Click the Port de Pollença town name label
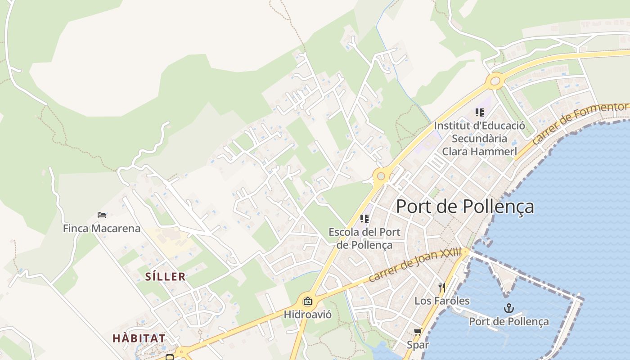(x=465, y=207)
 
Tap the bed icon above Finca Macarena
(x=102, y=215)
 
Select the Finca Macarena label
(x=102, y=229)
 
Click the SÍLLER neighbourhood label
(x=165, y=277)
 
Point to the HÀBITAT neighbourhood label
(x=139, y=338)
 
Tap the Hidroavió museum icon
(x=307, y=301)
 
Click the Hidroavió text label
(x=307, y=315)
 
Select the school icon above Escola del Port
(x=364, y=219)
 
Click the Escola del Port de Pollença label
(x=364, y=238)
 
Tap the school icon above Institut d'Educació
(x=479, y=112)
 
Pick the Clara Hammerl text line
(x=479, y=152)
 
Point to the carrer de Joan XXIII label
(x=414, y=265)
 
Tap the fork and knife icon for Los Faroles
(x=441, y=287)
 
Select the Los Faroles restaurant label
(x=441, y=301)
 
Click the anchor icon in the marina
(x=509, y=308)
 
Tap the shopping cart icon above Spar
(x=418, y=332)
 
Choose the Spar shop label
(x=418, y=345)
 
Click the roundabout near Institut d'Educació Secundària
(x=495, y=81)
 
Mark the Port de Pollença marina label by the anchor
(x=509, y=322)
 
